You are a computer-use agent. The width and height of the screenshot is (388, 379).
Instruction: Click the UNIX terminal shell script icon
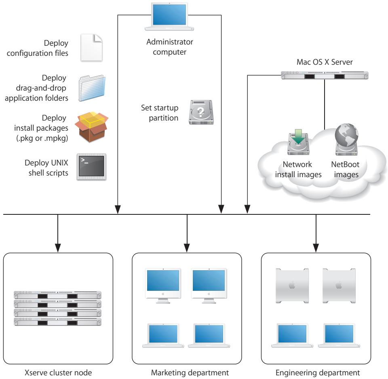coord(92,166)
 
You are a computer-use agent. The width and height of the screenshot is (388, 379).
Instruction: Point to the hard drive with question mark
coord(200,112)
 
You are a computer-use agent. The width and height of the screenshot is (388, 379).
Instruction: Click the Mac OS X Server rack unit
coord(325,76)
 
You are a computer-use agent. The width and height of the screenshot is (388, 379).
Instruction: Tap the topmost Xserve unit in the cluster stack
coord(57,294)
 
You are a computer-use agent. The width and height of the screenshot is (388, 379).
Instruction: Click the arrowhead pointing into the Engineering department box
coord(316,245)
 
